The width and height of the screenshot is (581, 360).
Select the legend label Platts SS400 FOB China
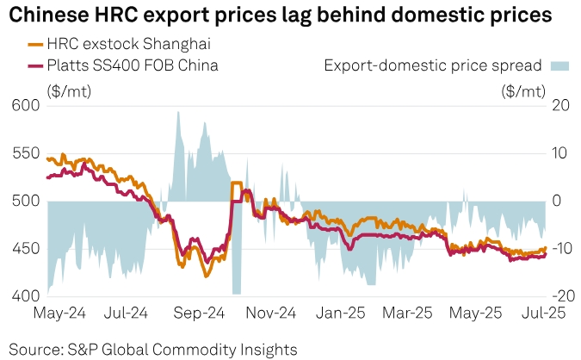133,65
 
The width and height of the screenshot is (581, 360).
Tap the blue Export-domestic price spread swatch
559,65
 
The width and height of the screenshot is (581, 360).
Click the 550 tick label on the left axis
25,153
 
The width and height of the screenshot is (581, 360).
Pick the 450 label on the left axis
25,249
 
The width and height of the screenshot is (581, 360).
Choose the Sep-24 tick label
200,313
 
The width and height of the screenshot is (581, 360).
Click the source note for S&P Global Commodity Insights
153,349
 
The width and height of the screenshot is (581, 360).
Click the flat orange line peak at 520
235,183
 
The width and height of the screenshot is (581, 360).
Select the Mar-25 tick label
412,313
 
